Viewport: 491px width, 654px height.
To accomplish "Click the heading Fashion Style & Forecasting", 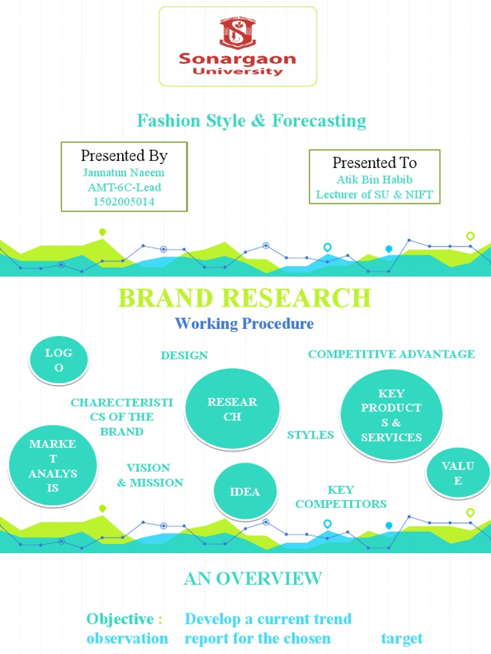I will coord(251,120).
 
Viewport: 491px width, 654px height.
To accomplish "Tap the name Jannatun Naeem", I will coord(123,172).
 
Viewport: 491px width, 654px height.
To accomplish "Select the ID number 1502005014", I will coord(123,202).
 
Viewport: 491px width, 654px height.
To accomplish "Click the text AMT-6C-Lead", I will coord(123,187).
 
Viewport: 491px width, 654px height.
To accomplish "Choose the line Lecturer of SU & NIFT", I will coord(375,195).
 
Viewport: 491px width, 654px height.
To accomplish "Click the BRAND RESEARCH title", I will coord(244,298).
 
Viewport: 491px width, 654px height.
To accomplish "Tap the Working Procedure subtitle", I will coord(244,324).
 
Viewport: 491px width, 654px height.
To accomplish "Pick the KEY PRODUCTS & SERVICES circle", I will coord(391,414).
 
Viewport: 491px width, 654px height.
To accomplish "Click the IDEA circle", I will coord(245,491).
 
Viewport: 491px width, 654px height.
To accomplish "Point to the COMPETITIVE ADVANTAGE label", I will coord(391,354).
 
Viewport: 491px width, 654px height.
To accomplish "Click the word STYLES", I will coord(310,435).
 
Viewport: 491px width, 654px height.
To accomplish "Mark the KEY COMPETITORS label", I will coord(341,497).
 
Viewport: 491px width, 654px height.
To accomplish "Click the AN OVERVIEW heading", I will coord(253,579).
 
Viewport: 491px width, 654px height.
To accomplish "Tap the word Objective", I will coord(120,619).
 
